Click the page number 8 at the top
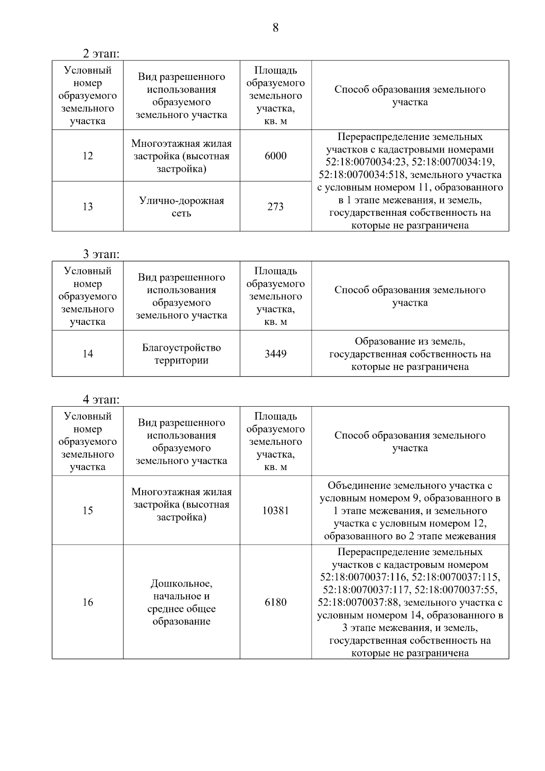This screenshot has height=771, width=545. (x=275, y=28)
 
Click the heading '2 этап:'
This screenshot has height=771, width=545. (x=101, y=54)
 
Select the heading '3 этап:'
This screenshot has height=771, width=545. (x=101, y=254)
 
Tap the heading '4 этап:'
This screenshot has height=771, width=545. (x=101, y=400)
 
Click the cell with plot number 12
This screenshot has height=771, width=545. (x=88, y=156)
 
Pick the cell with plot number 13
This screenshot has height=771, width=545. (x=88, y=207)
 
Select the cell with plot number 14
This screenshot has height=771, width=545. (x=88, y=353)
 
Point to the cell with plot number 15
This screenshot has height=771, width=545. (x=88, y=510)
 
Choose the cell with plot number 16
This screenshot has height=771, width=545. (x=88, y=602)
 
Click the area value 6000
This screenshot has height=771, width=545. (x=276, y=156)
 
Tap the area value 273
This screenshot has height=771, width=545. (x=276, y=207)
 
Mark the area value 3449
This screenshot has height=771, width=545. (x=276, y=353)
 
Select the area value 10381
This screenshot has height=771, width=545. (x=276, y=510)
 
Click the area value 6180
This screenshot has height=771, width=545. (x=276, y=602)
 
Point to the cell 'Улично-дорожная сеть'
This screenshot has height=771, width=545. (x=181, y=207)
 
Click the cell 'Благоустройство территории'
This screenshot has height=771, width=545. (x=181, y=354)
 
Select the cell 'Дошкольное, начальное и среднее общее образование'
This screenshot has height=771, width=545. (x=181, y=602)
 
